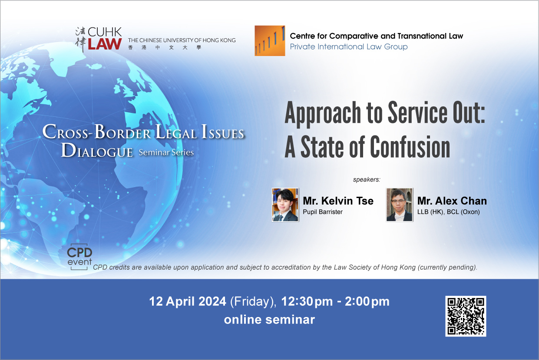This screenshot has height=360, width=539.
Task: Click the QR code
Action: click(x=466, y=316)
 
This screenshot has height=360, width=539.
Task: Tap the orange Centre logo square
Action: click(x=270, y=41)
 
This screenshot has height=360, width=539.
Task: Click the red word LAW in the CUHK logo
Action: click(x=105, y=44)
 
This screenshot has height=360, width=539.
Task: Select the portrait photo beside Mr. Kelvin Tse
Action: click(x=285, y=205)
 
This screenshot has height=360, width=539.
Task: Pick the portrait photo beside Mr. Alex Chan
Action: click(x=400, y=205)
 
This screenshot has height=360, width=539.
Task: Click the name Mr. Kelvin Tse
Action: click(x=338, y=201)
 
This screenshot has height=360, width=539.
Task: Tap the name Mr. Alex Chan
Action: click(x=452, y=201)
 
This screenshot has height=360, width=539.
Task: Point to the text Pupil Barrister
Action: click(x=322, y=212)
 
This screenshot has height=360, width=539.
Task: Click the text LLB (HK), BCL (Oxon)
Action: click(x=449, y=212)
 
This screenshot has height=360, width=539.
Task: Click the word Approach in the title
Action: click(x=323, y=114)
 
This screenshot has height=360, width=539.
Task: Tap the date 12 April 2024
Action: click(x=188, y=301)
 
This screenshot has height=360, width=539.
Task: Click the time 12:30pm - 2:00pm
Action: click(x=335, y=301)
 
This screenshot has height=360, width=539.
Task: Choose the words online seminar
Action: click(x=269, y=320)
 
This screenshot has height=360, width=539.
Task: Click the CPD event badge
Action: click(x=79, y=257)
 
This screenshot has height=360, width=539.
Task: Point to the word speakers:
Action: click(x=367, y=179)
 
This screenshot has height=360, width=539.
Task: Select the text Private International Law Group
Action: click(x=349, y=46)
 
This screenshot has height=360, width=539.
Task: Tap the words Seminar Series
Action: click(x=166, y=152)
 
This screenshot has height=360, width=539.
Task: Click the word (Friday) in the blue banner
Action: click(x=253, y=302)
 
